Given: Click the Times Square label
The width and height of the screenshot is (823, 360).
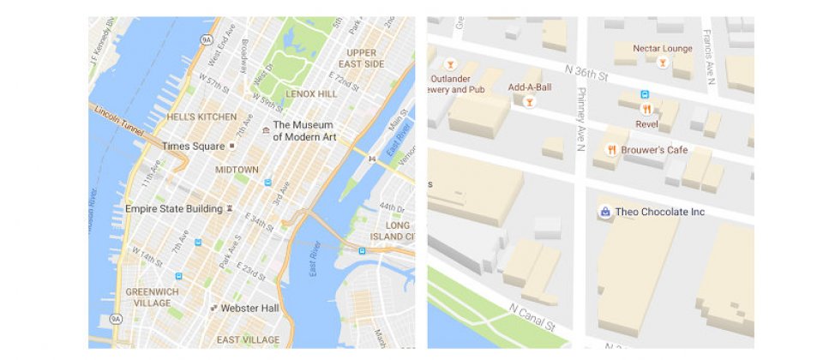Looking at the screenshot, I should click(x=193, y=147).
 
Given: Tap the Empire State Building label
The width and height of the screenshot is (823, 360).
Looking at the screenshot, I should click(x=173, y=208).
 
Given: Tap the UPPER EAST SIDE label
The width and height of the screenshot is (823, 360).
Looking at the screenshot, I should click(x=360, y=57).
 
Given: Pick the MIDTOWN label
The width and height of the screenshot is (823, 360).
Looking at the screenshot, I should click(x=237, y=170).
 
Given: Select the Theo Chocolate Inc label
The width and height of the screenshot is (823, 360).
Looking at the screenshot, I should click(x=659, y=212).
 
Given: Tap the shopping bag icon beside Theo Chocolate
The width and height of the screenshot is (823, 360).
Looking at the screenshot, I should click(x=605, y=212).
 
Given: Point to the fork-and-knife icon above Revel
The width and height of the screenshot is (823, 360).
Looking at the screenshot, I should click(x=646, y=110).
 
